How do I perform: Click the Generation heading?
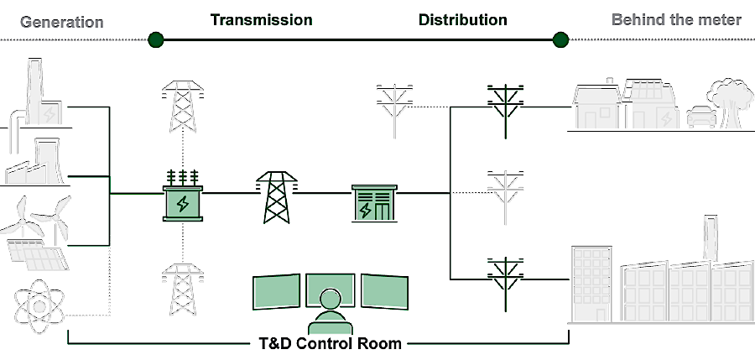pos(62,22)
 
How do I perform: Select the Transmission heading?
pos(261,19)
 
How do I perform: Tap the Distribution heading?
pos(462,19)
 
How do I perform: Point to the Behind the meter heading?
pos(676,19)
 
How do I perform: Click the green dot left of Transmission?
pos(155,39)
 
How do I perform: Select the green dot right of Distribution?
pos(560,39)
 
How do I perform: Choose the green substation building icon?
pos(372,203)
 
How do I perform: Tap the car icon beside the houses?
pos(700,117)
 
